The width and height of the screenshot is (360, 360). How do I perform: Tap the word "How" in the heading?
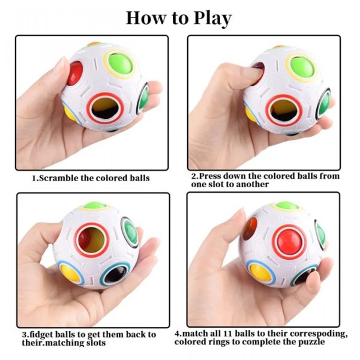[x=145, y=18]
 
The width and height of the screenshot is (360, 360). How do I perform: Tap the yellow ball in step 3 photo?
[x=71, y=275]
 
